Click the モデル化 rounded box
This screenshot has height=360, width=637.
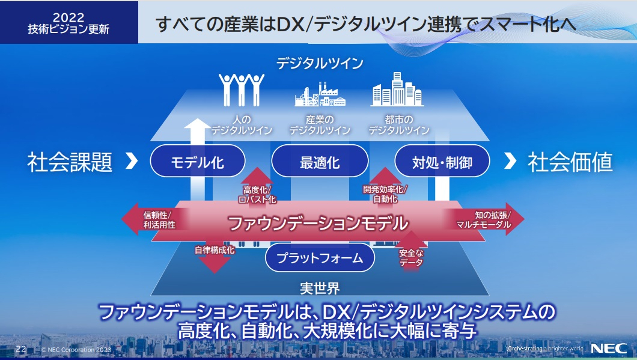click(198, 161)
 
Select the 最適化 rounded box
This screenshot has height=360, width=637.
click(320, 161)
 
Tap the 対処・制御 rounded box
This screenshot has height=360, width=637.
click(442, 161)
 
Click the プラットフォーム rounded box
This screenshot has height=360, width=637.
click(320, 258)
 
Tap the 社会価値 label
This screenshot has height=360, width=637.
click(570, 162)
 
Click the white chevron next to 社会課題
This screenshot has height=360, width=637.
click(132, 161)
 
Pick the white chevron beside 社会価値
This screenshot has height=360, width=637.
click(510, 161)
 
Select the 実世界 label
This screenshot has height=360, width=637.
click(319, 287)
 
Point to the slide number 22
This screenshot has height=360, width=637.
click(21, 349)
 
